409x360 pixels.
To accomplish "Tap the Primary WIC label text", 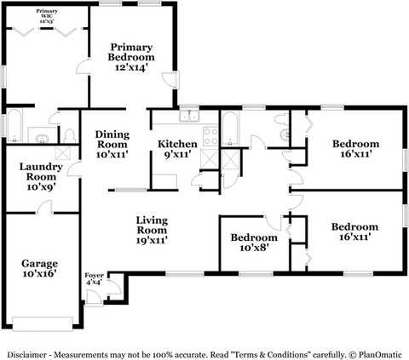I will click(x=46, y=14).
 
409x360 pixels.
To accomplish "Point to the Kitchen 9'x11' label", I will click(x=176, y=150).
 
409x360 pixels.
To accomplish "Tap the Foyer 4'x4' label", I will click(x=94, y=280).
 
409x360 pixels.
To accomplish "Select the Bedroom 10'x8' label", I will click(x=253, y=243).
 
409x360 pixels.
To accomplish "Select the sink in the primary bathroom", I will click(x=40, y=134).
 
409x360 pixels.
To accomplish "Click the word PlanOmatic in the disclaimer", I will click(x=381, y=352).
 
